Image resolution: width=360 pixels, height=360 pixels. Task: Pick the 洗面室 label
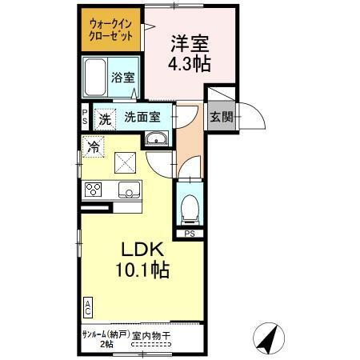pos(142,116)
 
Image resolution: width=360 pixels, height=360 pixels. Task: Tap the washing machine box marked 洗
pos(104,120)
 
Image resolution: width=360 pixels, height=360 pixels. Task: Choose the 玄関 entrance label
pos(222,116)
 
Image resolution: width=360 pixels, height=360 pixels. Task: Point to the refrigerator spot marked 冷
pos(93,147)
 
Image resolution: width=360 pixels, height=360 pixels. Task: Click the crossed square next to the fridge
pos(126,162)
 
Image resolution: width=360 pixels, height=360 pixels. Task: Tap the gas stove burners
pos(93,190)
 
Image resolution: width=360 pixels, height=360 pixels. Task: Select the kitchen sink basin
pos(127,190)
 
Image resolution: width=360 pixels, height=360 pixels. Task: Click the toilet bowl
pos(190,210)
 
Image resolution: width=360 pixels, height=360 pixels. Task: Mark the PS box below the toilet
pos(190,234)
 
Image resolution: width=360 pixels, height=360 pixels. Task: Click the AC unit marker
pos(87,306)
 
